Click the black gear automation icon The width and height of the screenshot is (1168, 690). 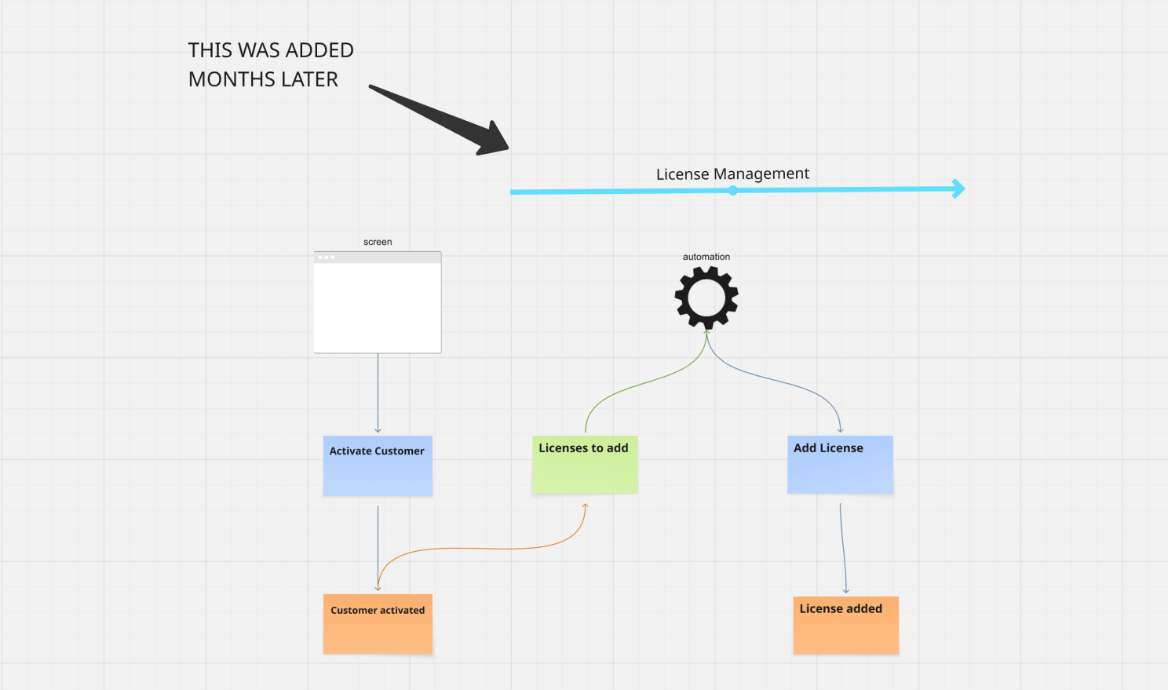coord(706,298)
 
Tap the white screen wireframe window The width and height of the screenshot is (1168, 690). coord(378,306)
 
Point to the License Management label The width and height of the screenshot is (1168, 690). coord(732,173)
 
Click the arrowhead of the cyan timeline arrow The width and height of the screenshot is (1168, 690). coord(958,188)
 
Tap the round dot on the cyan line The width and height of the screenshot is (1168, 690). coord(732,191)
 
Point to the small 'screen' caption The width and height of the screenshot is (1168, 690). coord(378,242)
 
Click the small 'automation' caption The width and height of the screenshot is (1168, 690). coord(706,257)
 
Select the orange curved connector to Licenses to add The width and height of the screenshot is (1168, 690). coord(487,548)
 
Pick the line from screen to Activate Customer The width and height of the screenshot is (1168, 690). coord(378,392)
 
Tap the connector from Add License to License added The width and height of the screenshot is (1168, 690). coord(843,549)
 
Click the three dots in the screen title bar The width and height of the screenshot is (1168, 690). coord(327,257)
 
